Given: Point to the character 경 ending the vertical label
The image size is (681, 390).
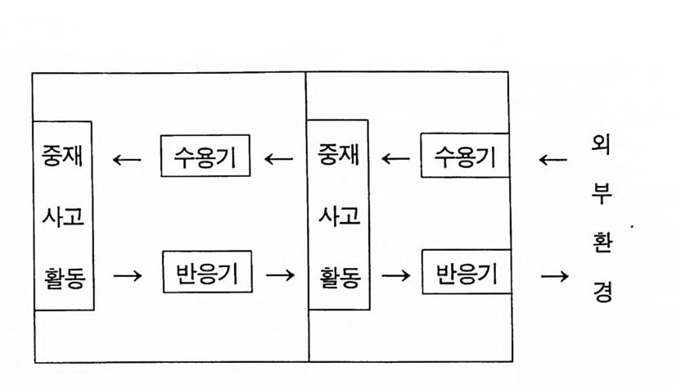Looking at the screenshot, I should tap(602, 292).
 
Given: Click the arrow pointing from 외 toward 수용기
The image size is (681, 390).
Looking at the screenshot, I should tap(554, 158).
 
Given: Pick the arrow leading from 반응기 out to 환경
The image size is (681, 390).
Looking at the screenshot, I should tap(554, 275).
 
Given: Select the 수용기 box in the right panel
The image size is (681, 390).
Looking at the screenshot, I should tap(465, 158).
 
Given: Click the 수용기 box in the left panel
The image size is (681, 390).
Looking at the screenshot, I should tap(205, 158).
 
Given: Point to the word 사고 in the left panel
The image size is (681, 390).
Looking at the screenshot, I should tap(63, 217).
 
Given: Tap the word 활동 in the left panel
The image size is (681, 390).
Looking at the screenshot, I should tap(63, 276).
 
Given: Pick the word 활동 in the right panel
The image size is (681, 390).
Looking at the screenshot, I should tap(338, 276).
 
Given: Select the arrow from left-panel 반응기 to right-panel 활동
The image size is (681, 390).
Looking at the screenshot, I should tap(281, 275).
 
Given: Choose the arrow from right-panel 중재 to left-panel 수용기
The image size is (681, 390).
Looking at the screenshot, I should tap(279, 158).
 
